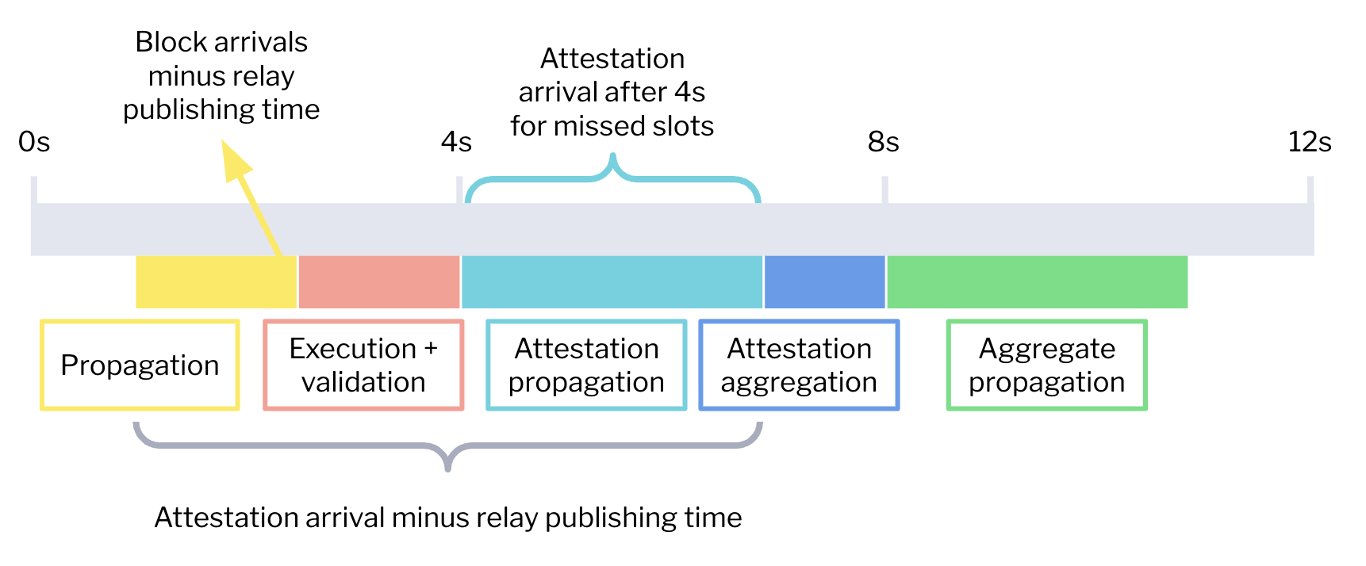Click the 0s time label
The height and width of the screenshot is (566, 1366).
pyautogui.click(x=34, y=142)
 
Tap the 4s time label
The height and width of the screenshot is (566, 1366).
pyautogui.click(x=456, y=142)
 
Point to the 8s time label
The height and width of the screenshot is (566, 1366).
pyautogui.click(x=883, y=142)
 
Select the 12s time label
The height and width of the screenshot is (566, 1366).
pyautogui.click(x=1310, y=142)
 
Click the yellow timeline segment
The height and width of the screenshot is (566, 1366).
pyautogui.click(x=216, y=282)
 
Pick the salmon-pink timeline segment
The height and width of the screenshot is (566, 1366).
pyautogui.click(x=379, y=282)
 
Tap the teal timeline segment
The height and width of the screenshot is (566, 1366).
pyautogui.click(x=612, y=282)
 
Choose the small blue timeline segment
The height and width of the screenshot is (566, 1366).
pyautogui.click(x=825, y=282)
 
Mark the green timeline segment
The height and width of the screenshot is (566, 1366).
pyautogui.click(x=1038, y=282)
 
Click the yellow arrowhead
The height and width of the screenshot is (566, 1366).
pyautogui.click(x=236, y=162)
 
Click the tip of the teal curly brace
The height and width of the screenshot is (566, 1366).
pyautogui.click(x=612, y=155)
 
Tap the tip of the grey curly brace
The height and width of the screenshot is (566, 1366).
pyautogui.click(x=448, y=470)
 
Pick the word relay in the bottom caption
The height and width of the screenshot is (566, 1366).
pyautogui.click(x=507, y=518)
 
